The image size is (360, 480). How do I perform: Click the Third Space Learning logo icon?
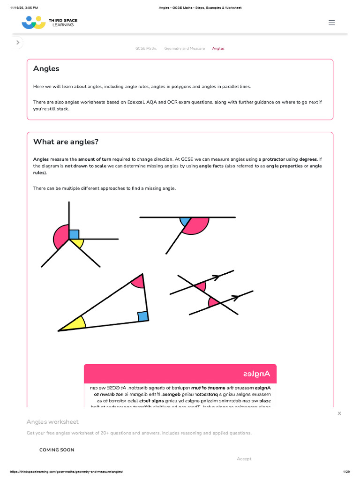tap(33, 22)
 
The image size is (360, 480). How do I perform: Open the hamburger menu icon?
tap(332, 22)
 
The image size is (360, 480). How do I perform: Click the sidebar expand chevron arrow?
tap(18, 43)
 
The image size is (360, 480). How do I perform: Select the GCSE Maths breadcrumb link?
tap(146, 48)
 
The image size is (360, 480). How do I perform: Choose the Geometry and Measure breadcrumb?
tap(184, 48)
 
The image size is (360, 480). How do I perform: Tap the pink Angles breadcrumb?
tap(218, 48)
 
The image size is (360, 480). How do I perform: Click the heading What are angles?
tap(66, 142)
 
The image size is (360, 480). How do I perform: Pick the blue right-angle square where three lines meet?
tap(74, 234)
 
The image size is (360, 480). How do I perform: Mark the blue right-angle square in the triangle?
tap(143, 316)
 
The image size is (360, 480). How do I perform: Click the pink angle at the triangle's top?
tap(138, 281)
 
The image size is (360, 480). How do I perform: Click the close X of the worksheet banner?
tap(339, 413)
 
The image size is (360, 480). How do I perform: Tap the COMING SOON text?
tap(57, 450)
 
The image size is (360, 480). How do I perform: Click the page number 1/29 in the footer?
tap(346, 472)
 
